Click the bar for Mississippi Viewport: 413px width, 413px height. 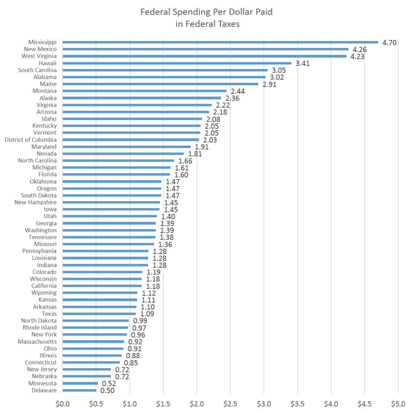(220, 42)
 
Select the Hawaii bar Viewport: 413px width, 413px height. (177, 63)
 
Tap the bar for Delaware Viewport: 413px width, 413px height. (79, 390)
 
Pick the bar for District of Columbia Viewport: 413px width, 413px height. (131, 140)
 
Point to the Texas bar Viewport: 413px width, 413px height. (99, 313)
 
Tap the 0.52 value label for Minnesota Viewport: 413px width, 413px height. (108, 384)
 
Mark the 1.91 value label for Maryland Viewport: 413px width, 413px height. (201, 147)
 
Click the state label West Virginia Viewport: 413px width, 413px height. (39, 56)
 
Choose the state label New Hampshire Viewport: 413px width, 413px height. (35, 202)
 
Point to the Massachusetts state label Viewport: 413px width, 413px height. (37, 342)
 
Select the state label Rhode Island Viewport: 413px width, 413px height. (40, 327)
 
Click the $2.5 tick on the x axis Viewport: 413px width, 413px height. (230, 403)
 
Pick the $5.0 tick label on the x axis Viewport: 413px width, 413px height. (398, 403)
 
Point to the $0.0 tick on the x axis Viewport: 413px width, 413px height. (63, 403)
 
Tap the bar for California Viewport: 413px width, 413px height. (102, 286)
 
